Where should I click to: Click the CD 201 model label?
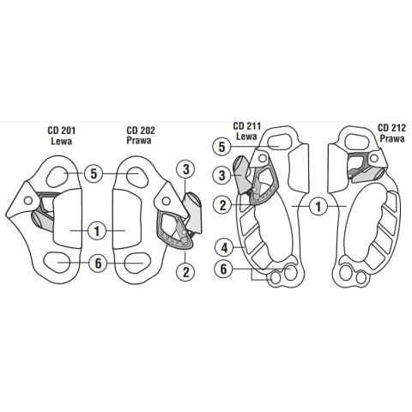coord(61,130)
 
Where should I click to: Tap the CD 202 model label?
coord(141,130)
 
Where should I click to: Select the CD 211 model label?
coord(247,126)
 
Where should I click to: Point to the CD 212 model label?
coord(391,128)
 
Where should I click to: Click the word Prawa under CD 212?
coord(392,139)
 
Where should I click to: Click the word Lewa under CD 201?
coord(61,141)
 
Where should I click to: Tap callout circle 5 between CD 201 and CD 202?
coord(94,173)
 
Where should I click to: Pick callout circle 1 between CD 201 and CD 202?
coord(97,231)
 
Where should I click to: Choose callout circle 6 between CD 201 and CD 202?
coord(98,263)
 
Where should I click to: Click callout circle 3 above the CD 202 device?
coord(186,169)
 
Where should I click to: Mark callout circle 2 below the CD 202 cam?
coord(186,272)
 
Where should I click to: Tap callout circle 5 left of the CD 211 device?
coord(222,147)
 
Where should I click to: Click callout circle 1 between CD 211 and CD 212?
coord(318,207)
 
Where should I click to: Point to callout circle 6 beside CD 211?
coord(223,269)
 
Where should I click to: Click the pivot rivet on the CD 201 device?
coord(28,200)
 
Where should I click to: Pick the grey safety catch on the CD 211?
coord(241,174)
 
